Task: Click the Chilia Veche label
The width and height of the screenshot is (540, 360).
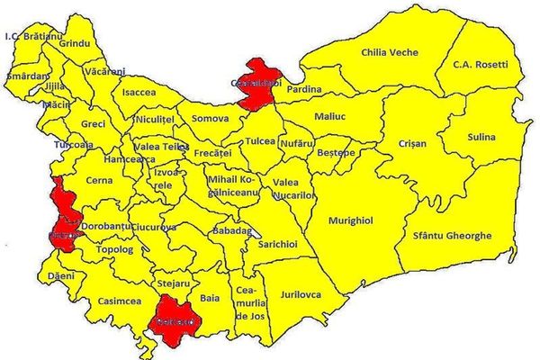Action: click(x=389, y=53)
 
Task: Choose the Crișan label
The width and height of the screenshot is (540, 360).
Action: click(x=412, y=143)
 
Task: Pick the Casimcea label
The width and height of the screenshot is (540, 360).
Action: click(x=116, y=301)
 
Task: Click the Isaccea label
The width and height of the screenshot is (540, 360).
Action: click(x=138, y=93)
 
